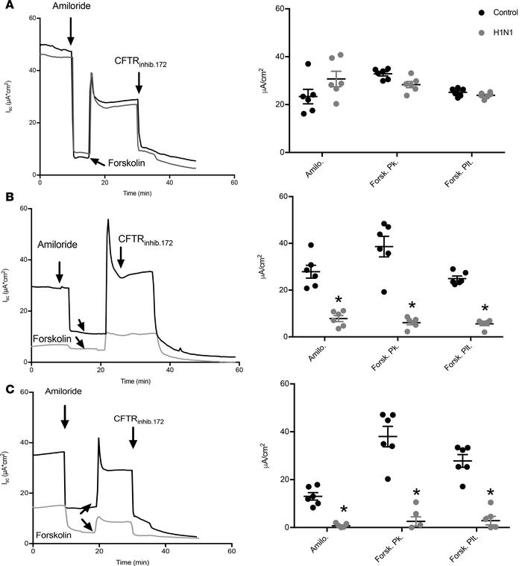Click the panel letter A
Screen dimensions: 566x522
[7, 7]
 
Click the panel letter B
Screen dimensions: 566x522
[7, 198]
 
